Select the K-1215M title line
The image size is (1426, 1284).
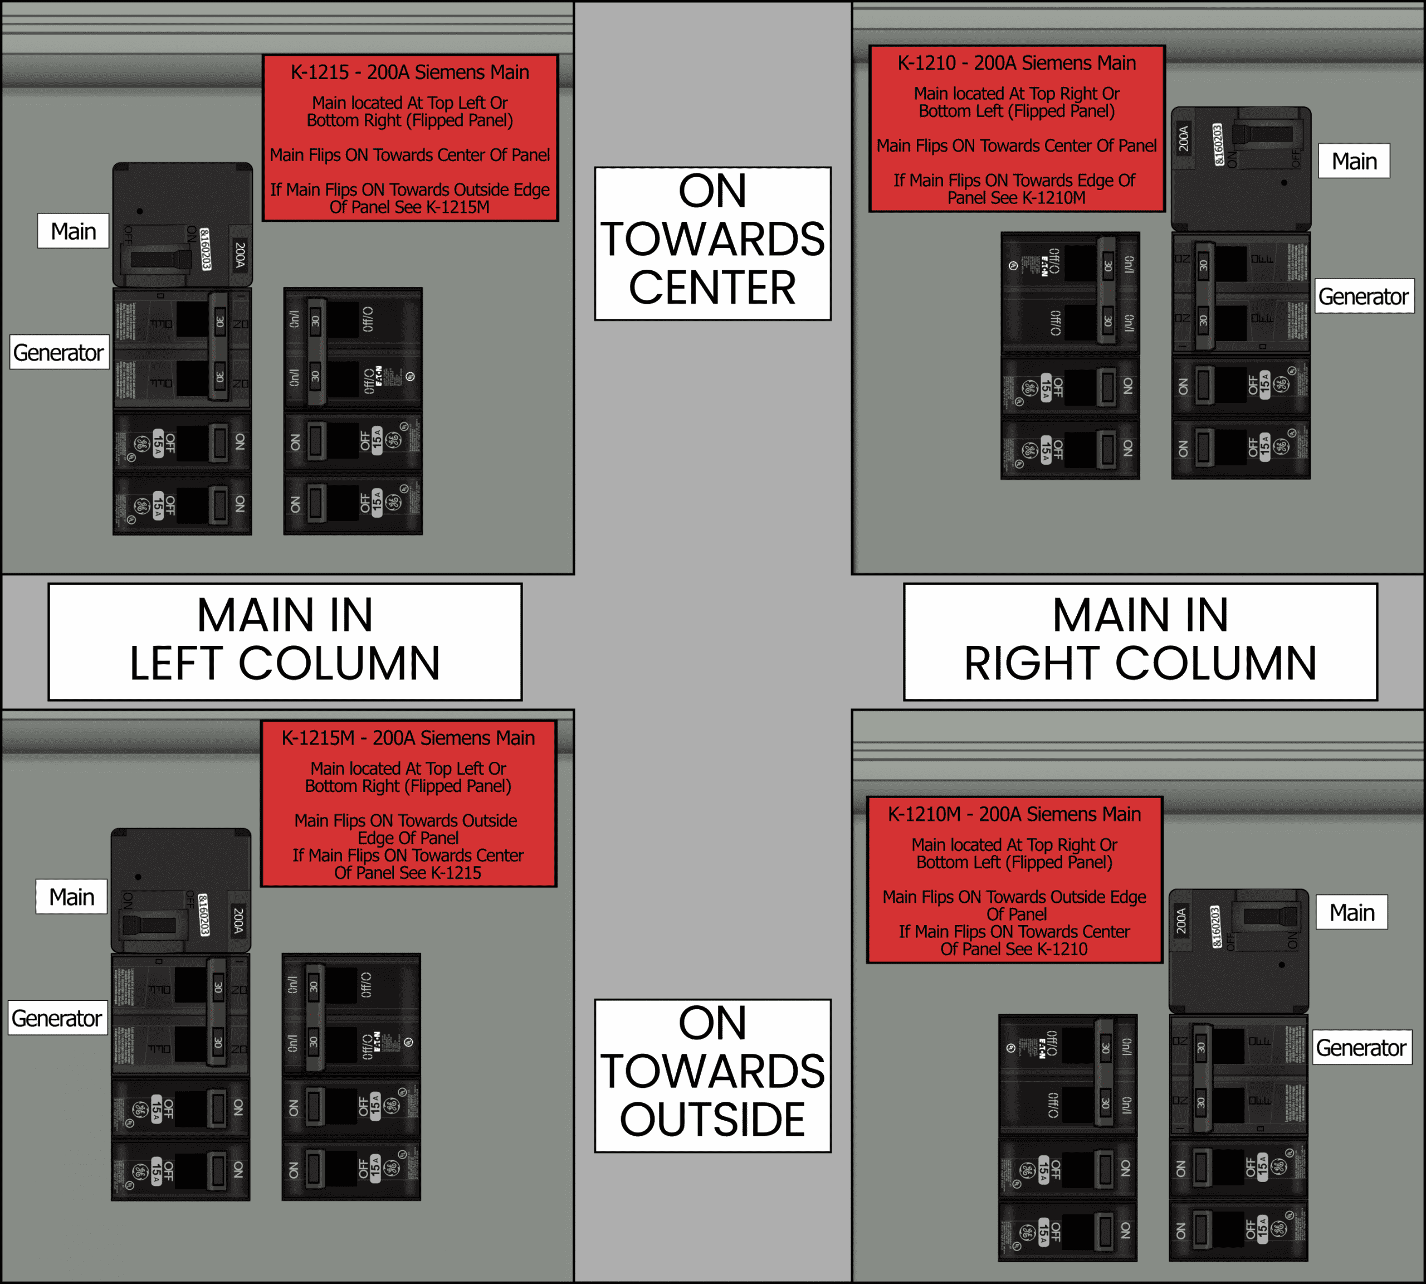(408, 738)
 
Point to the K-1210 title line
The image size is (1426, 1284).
(1016, 63)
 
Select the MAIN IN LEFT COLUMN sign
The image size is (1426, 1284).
(285, 640)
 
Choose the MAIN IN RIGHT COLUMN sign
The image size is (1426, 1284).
(1140, 640)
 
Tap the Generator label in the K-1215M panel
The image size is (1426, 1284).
(57, 1018)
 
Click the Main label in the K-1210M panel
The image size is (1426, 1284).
(1351, 912)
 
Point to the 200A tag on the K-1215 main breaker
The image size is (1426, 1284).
(240, 254)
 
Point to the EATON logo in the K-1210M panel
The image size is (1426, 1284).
(1042, 1048)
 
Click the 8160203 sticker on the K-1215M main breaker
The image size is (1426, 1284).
(203, 915)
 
